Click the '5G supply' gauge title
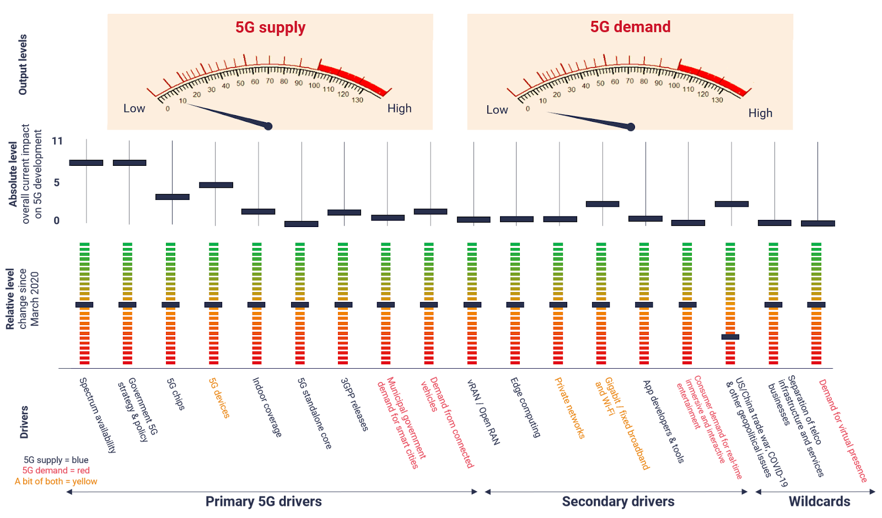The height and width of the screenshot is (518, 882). [x=270, y=28]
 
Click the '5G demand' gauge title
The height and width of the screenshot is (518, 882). [x=630, y=27]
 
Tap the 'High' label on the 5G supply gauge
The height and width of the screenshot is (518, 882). [x=399, y=109]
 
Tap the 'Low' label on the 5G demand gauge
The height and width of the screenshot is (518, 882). [x=497, y=110]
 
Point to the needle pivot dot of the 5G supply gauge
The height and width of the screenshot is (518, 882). [x=268, y=127]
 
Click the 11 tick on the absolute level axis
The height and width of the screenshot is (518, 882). [x=57, y=141]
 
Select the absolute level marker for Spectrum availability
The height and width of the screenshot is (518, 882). [x=87, y=163]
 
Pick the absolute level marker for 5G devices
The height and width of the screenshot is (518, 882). [x=216, y=185]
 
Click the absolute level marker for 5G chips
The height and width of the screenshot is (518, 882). [x=173, y=197]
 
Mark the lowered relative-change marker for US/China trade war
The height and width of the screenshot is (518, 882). [x=730, y=337]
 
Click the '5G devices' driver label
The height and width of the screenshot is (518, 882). [x=219, y=398]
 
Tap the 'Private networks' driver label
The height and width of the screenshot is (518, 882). [x=569, y=408]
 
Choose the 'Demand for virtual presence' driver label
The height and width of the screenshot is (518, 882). [x=843, y=430]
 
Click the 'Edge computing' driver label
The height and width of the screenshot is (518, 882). [x=525, y=407]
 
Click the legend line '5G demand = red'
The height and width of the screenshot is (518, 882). [x=56, y=471]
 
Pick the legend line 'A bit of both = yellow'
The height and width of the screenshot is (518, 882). [x=56, y=481]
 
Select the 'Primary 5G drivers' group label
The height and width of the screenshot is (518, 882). [x=263, y=501]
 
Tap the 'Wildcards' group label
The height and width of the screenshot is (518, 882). [x=819, y=501]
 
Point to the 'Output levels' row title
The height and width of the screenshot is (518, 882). [x=23, y=64]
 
